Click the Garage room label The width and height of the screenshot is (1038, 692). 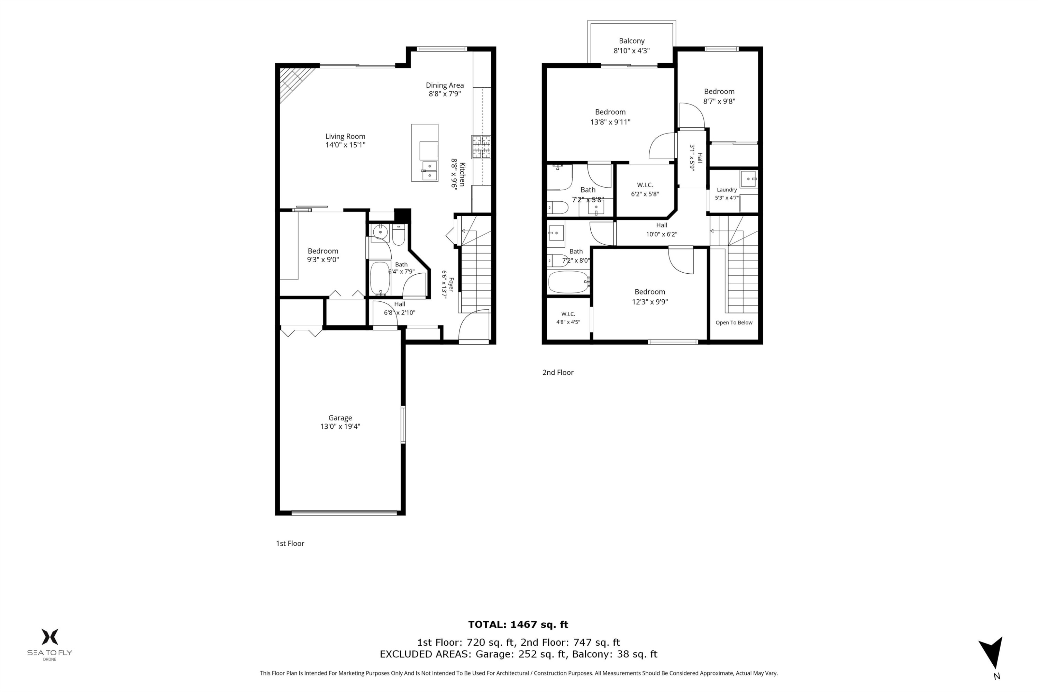click(340, 418)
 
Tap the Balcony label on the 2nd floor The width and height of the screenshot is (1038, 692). click(631, 40)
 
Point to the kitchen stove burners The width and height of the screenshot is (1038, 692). click(481, 146)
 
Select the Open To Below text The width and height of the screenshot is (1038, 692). click(734, 322)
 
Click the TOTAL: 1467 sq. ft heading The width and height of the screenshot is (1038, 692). click(518, 625)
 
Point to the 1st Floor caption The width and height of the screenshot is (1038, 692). click(290, 543)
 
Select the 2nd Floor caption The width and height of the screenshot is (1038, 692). click(558, 373)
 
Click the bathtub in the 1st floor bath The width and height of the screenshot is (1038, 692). click(380, 278)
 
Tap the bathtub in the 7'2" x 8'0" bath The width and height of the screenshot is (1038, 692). click(568, 282)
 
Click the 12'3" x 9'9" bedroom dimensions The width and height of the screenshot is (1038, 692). click(650, 302)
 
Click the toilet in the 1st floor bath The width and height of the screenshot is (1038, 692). click(399, 235)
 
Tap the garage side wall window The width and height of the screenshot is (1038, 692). click(403, 424)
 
